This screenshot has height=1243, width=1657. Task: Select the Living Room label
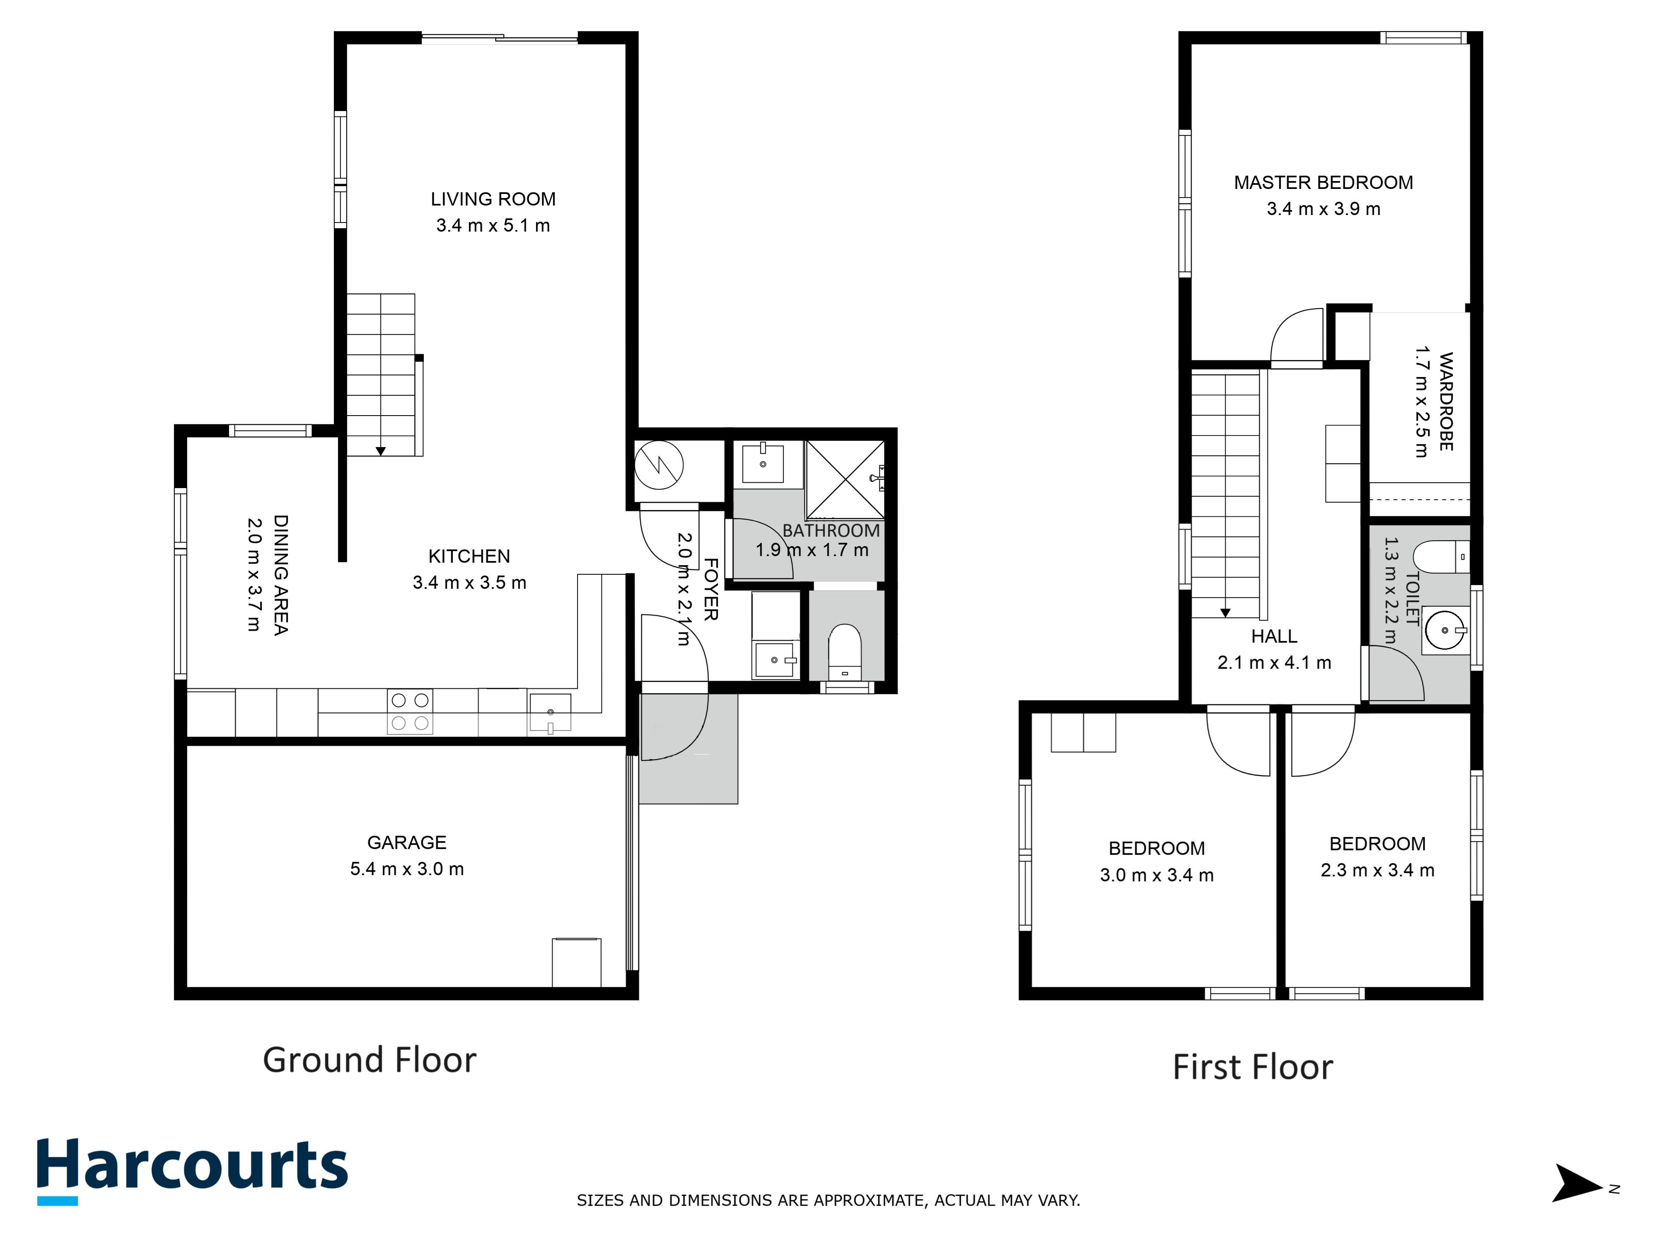493,199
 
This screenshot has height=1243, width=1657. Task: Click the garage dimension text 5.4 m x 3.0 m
407,869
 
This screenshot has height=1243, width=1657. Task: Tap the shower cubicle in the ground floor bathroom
844,479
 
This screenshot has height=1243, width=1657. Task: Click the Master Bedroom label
1323,183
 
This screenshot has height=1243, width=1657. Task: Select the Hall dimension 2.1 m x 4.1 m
1273,663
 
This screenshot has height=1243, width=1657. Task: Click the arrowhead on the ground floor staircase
381,451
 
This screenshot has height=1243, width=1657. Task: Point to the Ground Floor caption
370,1060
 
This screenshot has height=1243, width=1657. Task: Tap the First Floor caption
1253,1067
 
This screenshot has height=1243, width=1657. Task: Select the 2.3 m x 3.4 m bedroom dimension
1377,871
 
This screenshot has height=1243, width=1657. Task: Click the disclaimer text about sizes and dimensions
828,1200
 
